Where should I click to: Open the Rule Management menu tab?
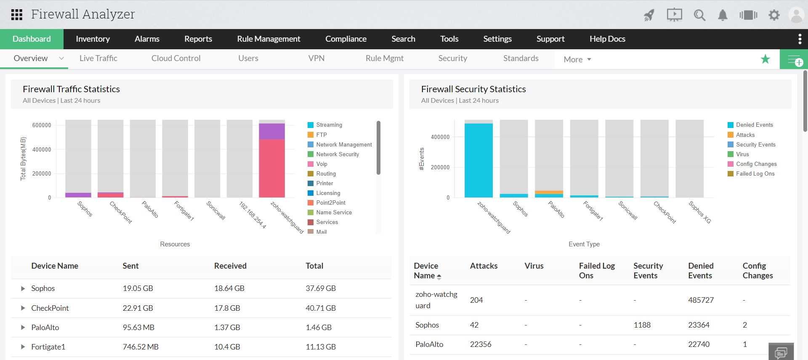(x=268, y=39)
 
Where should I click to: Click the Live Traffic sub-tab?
(x=98, y=58)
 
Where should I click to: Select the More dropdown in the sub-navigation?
(x=577, y=59)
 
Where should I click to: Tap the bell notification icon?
(x=723, y=15)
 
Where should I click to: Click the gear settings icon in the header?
(x=774, y=15)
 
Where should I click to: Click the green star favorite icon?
(x=765, y=59)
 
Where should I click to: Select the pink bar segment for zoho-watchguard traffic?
(x=271, y=168)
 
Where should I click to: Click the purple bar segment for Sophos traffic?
(x=78, y=195)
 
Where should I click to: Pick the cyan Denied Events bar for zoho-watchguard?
(x=478, y=160)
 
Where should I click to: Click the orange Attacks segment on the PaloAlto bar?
(x=549, y=192)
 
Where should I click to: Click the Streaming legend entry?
(x=329, y=125)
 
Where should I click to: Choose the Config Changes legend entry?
(x=756, y=164)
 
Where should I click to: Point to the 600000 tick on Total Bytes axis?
(x=42, y=125)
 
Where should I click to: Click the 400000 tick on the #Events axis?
(x=440, y=137)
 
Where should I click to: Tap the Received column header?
(x=230, y=266)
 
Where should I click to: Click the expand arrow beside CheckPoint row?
(x=23, y=308)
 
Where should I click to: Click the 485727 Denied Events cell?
(x=701, y=300)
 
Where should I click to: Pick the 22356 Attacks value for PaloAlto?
(x=481, y=344)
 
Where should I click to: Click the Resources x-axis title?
(x=175, y=244)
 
